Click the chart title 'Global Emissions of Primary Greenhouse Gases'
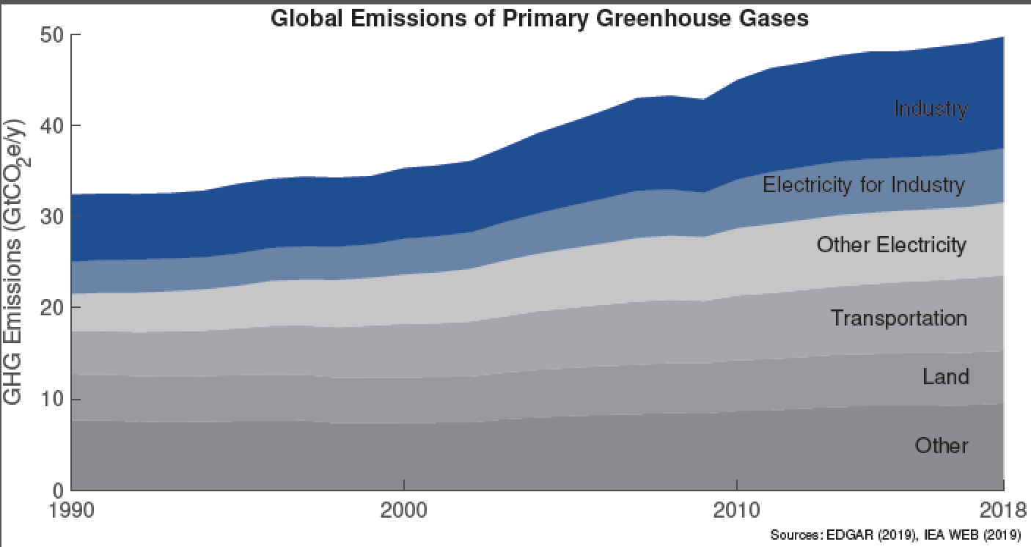click(539, 18)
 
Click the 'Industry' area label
click(931, 109)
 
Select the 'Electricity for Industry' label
click(864, 184)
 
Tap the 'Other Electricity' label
click(892, 244)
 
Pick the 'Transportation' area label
click(898, 318)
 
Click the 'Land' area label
click(945, 377)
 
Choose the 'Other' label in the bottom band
click(942, 445)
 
